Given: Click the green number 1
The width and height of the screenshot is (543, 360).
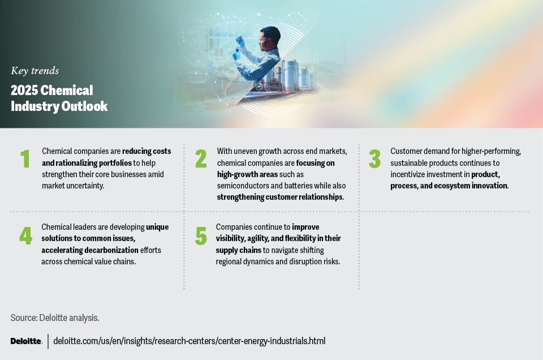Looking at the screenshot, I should point(25,159).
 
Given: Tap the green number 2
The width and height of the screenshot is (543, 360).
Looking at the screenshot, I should point(201,159).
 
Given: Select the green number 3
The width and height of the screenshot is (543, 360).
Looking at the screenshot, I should point(374,159).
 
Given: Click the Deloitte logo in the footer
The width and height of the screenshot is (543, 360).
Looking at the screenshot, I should point(26,341).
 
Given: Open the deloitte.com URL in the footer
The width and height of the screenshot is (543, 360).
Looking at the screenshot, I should point(189,341).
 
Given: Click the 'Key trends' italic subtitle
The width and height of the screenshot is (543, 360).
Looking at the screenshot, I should point(35,71).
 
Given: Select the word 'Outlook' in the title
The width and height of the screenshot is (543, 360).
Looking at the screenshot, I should point(85,106).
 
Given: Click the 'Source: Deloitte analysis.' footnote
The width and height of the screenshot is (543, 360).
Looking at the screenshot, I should point(55,318).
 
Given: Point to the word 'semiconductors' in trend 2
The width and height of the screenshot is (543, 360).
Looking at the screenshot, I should point(243,186).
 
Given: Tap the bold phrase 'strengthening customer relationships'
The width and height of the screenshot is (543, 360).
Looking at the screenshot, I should point(280,197).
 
